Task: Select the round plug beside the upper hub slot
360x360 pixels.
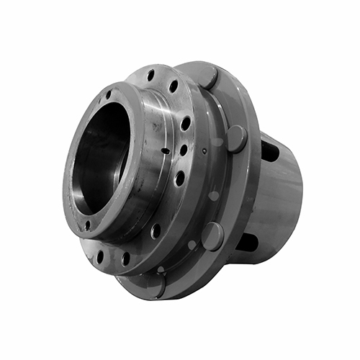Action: (x=236, y=138)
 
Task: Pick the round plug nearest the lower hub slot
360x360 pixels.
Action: (x=212, y=235)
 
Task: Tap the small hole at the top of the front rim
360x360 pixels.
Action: (x=109, y=95)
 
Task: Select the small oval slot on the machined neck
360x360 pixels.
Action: (x=166, y=151)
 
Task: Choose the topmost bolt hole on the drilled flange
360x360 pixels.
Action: (x=150, y=75)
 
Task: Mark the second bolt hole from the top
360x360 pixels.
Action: (x=174, y=86)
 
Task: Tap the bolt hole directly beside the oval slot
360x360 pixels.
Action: (x=184, y=150)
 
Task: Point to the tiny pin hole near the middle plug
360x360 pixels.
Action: (x=204, y=151)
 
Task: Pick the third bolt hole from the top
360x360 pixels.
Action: (x=186, y=123)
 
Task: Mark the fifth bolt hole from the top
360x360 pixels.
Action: (x=179, y=177)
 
